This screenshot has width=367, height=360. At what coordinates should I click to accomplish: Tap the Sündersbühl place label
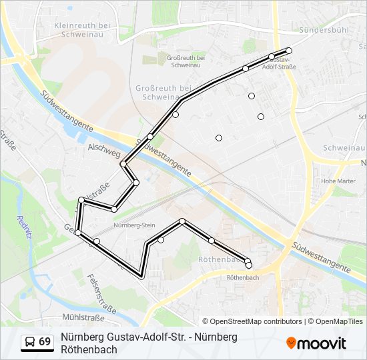(x=326, y=30)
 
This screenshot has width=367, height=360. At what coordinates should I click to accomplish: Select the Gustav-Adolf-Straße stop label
(x=280, y=64)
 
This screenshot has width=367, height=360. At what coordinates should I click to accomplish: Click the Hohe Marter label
(x=338, y=181)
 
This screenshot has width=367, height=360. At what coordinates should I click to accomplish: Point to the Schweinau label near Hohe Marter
(x=344, y=147)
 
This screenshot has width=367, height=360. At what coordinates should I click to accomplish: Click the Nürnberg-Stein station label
(x=134, y=225)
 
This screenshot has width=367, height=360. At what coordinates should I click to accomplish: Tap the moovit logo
(x=316, y=343)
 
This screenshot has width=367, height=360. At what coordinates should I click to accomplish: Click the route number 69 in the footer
(x=45, y=342)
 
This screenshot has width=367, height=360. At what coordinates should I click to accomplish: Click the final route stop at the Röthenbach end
(x=249, y=265)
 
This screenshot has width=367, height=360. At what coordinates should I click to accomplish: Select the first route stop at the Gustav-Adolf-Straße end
(x=289, y=51)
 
